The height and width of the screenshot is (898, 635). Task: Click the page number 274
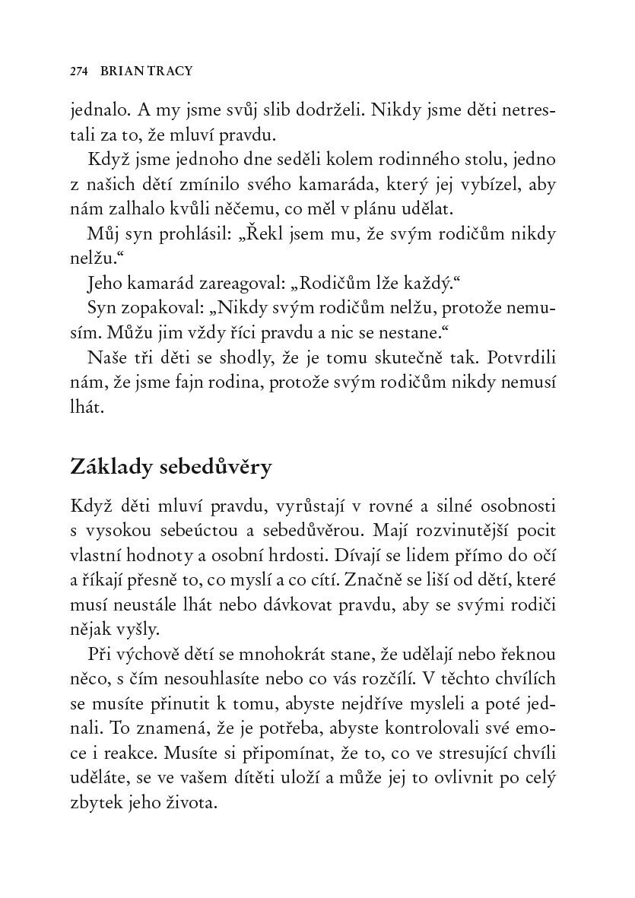tap(79, 71)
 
